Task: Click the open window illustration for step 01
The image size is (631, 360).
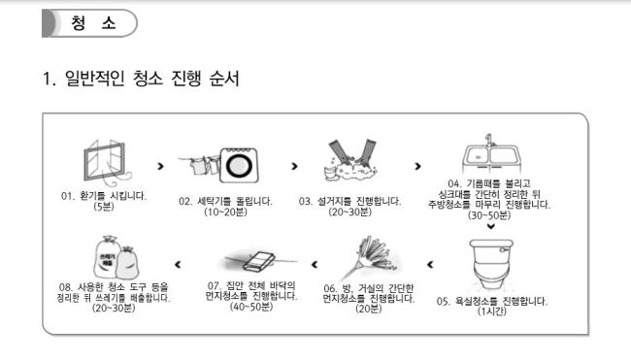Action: (104, 162)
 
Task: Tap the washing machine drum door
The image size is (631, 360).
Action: (238, 166)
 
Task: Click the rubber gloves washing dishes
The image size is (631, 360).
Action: (351, 157)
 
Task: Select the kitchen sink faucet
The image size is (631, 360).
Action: (489, 140)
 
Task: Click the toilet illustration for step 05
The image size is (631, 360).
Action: (491, 264)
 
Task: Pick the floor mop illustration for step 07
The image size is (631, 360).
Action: (257, 261)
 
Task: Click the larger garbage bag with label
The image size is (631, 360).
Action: (107, 257)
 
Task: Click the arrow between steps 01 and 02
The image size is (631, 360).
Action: (160, 166)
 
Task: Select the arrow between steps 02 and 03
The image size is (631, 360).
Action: (294, 166)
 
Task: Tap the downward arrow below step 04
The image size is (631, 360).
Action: (490, 226)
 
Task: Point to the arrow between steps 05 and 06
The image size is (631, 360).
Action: (430, 264)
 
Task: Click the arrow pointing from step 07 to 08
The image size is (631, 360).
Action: (178, 264)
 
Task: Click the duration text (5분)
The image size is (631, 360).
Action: (104, 207)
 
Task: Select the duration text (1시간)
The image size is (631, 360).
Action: (492, 311)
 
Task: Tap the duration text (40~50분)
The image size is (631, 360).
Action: (251, 307)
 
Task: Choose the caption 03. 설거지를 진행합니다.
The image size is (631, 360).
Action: (349, 201)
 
